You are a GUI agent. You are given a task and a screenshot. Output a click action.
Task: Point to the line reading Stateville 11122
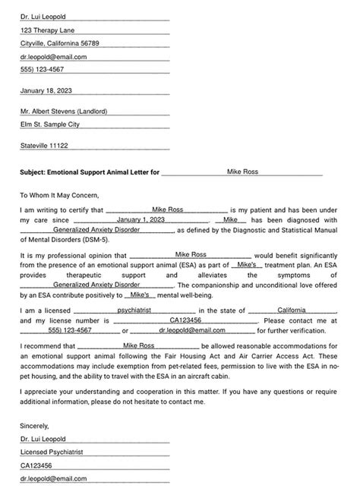[44, 145]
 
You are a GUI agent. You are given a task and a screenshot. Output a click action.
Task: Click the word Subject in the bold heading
[33, 172]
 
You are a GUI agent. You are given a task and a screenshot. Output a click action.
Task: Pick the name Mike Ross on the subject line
[243, 172]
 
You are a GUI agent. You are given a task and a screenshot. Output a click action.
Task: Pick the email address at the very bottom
[53, 480]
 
